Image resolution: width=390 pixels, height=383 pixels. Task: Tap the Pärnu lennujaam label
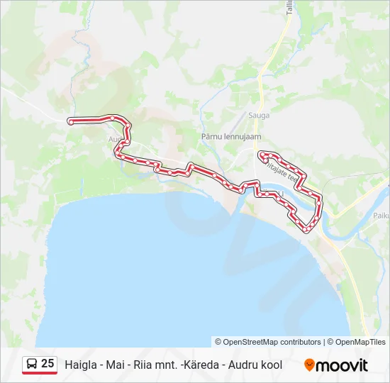pos(232,136)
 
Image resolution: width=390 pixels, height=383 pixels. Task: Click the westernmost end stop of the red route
pos(71,122)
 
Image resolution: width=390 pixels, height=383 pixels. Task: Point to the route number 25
pos(48,363)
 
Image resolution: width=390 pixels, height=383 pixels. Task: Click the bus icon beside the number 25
pos(31,364)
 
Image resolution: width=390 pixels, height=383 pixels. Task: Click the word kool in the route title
pos(272,365)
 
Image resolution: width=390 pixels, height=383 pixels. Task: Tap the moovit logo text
pos(342,365)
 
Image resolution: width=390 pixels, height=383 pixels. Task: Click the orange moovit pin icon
pos(309,365)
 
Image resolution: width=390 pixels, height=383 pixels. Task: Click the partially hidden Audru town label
pos(113,139)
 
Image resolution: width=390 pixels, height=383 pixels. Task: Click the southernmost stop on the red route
pos(306,230)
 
